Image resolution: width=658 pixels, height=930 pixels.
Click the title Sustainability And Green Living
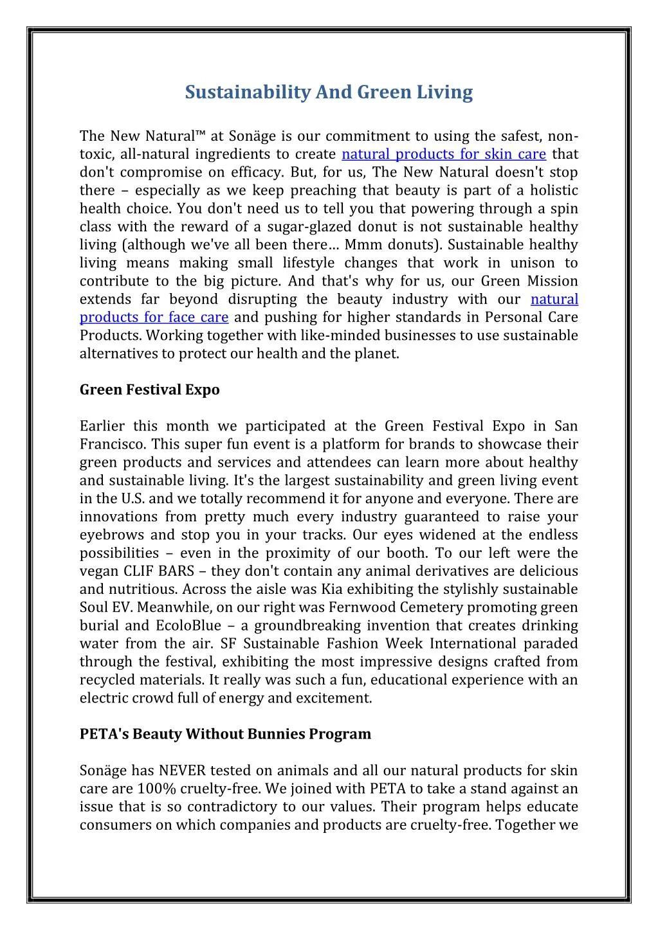point(329,93)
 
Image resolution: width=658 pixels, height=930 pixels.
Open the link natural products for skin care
point(444,154)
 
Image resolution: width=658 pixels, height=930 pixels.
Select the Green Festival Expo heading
point(149,390)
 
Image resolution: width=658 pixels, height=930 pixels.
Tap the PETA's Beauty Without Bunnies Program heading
point(225,734)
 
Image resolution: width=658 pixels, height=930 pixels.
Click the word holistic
point(553,191)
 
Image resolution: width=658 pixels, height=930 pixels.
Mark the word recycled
point(105,680)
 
